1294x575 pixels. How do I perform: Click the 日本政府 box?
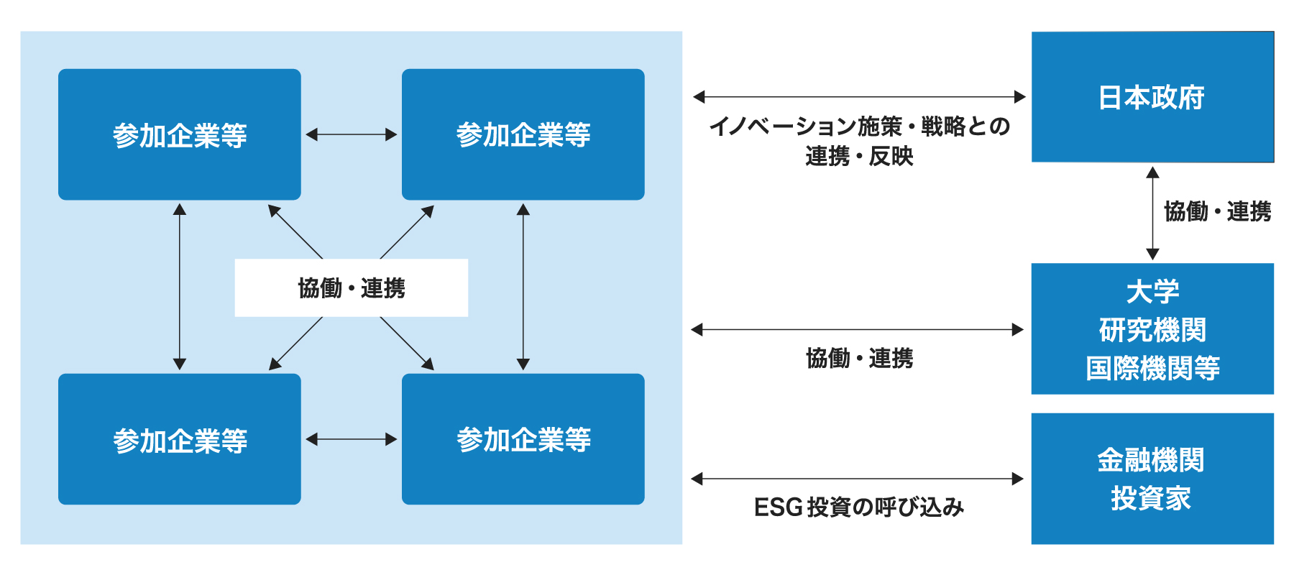(x=1152, y=97)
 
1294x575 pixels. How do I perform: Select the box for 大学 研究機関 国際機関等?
(x=1152, y=328)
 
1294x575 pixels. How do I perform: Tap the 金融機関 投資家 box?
(x=1152, y=479)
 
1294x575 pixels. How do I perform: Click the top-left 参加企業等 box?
(x=180, y=134)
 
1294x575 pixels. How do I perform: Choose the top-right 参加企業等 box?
(x=523, y=134)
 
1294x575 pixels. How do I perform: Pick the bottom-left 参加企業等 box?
(x=180, y=439)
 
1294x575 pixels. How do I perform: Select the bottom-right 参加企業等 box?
(x=523, y=439)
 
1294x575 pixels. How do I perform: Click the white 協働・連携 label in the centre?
(x=352, y=287)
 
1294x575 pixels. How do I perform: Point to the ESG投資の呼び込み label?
(x=859, y=507)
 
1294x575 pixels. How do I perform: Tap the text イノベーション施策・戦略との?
(x=860, y=126)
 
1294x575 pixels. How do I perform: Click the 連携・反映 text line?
(x=860, y=156)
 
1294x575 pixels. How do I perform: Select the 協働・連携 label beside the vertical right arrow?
(x=1218, y=211)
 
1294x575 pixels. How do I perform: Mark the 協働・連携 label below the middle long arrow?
(x=860, y=358)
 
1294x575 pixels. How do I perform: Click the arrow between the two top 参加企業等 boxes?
(x=352, y=134)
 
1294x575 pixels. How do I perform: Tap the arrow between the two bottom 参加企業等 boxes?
(x=352, y=439)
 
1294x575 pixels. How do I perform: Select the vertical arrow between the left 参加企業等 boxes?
(x=180, y=287)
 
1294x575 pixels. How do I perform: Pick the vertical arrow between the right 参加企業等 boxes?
(x=523, y=287)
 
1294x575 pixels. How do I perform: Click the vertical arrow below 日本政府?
(x=1152, y=213)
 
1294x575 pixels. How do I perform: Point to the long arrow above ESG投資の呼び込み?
(x=857, y=479)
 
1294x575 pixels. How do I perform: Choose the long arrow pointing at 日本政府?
(x=859, y=96)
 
